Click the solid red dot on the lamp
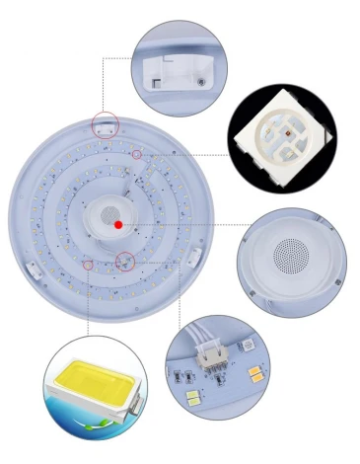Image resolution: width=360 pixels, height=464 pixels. pos(118,224)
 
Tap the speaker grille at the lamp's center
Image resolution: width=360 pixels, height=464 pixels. pos(111,216)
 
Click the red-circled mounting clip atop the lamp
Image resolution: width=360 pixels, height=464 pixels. pos(106,124)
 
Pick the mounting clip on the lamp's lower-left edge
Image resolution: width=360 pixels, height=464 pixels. pos(32,267)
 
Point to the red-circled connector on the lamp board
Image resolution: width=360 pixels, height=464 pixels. pos(125,262)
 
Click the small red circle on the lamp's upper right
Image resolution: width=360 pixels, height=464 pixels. pos(137,154)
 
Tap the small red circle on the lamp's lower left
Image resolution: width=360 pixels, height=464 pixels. pos(88,265)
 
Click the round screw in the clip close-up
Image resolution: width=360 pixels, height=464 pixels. pos(202,80)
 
